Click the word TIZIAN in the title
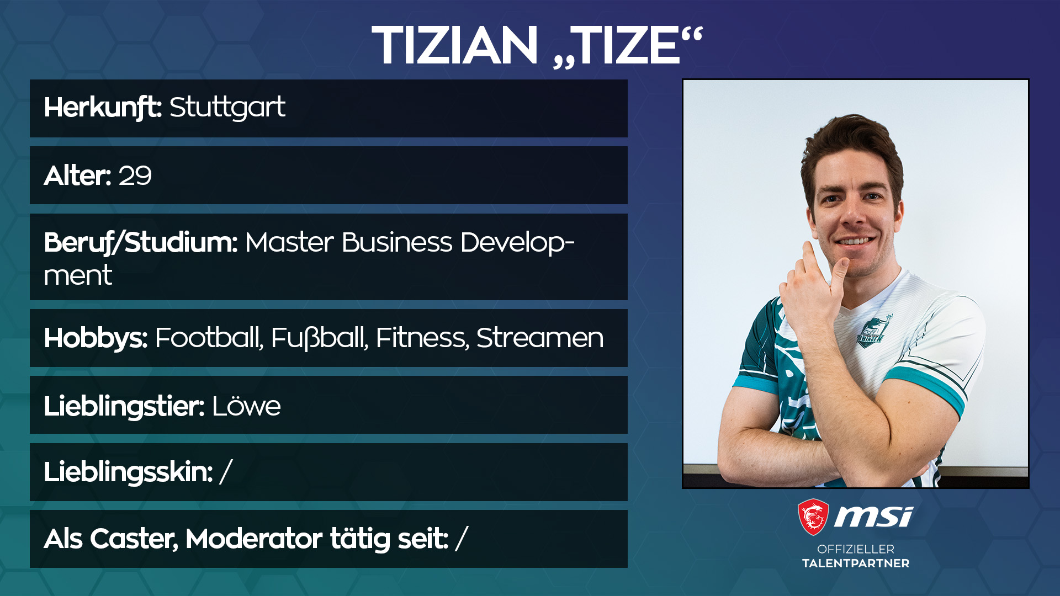pyautogui.click(x=454, y=45)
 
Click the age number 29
pyautogui.click(x=135, y=176)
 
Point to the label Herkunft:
pyautogui.click(x=103, y=108)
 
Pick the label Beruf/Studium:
pyautogui.click(x=141, y=243)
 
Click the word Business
pyautogui.click(x=397, y=242)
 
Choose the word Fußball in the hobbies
pyautogui.click(x=320, y=338)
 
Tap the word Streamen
pyautogui.click(x=540, y=338)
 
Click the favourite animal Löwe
pyautogui.click(x=246, y=406)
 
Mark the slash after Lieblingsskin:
pyautogui.click(x=226, y=472)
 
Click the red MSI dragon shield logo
pyautogui.click(x=813, y=517)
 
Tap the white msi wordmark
pyautogui.click(x=873, y=517)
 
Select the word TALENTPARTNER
pyautogui.click(x=856, y=563)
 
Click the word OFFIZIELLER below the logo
pyautogui.click(x=856, y=549)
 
